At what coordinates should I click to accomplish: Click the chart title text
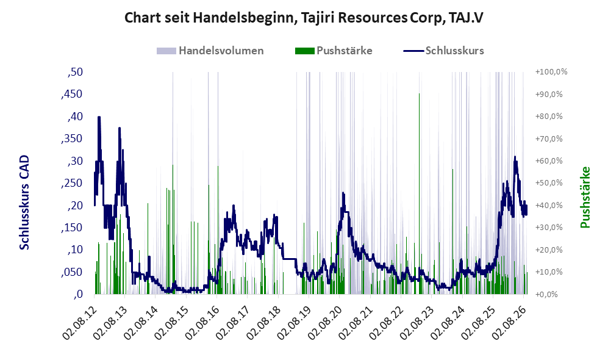click(304, 18)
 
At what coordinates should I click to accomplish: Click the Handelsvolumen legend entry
click(210, 51)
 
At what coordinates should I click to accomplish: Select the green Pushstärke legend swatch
click(304, 51)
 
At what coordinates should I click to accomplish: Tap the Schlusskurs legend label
click(454, 51)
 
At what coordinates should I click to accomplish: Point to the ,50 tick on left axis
click(75, 72)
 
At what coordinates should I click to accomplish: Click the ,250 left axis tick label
click(72, 183)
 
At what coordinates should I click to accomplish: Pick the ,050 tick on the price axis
click(72, 272)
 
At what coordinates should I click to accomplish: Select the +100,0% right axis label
click(551, 72)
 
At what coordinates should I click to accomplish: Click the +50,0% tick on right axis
click(549, 182)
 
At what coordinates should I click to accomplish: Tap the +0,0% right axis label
click(546, 294)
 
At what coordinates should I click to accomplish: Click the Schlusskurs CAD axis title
click(24, 202)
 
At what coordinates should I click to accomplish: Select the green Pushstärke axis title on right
click(585, 197)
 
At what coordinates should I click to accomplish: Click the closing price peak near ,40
click(99, 117)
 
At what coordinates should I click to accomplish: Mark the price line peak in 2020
click(343, 193)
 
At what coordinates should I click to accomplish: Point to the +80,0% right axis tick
click(549, 117)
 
